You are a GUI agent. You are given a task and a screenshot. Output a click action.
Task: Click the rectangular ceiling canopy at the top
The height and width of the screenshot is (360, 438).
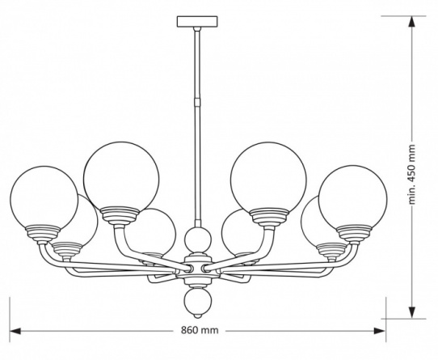tap(197, 22)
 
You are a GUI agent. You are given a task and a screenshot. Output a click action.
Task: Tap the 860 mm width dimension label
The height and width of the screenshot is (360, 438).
tap(200, 330)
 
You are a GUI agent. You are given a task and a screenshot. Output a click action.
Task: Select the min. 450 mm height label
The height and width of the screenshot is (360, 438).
tap(412, 174)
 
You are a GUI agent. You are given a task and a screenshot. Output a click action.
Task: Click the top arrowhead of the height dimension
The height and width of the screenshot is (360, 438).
tap(412, 22)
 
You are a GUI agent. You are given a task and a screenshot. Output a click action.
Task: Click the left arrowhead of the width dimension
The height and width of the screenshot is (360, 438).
tap(15, 331)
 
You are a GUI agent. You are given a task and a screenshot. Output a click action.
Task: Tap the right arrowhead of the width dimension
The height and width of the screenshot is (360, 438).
tap(380, 331)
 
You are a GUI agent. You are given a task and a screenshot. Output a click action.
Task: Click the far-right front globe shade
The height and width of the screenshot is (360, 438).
tap(353, 197)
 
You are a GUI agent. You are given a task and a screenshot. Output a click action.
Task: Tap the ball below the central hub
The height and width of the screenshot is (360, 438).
tap(197, 302)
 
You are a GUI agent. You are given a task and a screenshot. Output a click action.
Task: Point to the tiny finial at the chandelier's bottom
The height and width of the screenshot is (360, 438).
tap(198, 316)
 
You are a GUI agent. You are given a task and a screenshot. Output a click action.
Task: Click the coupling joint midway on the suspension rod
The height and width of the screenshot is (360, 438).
tap(197, 101)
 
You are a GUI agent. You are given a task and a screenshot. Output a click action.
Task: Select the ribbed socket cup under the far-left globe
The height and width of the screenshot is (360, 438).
tap(43, 233)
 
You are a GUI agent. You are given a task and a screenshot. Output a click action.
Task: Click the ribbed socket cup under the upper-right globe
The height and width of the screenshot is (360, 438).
tap(269, 216)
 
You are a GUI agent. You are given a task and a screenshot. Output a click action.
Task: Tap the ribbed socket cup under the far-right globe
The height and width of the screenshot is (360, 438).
tap(354, 233)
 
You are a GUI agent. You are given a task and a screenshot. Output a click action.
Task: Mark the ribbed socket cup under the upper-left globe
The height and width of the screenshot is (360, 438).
tap(120, 215)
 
